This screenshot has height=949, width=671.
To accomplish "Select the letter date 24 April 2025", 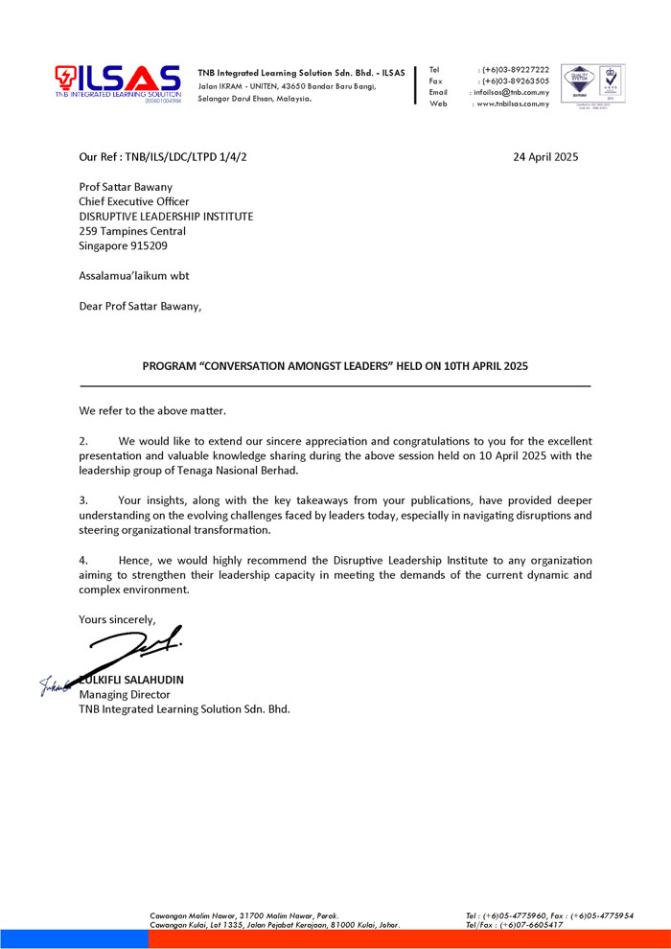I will pyautogui.click(x=545, y=156).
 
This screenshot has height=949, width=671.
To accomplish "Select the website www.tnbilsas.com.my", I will pyautogui.click(x=514, y=104).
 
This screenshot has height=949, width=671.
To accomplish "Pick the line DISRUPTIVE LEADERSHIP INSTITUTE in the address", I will pyautogui.click(x=166, y=217).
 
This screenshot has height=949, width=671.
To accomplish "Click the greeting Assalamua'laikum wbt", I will pyautogui.click(x=134, y=276).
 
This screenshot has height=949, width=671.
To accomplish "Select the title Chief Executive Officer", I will pyautogui.click(x=134, y=202).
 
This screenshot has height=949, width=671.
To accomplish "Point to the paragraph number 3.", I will pyautogui.click(x=83, y=500).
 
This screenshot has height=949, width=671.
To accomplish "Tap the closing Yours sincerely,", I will pyautogui.click(x=117, y=619).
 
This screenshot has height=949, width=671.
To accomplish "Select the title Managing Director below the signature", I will pyautogui.click(x=125, y=695).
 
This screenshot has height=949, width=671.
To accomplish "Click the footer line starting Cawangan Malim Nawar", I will pyautogui.click(x=243, y=915).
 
